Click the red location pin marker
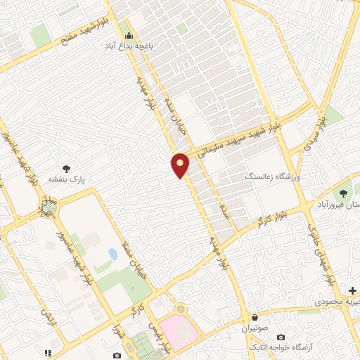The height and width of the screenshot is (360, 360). coord(181,165)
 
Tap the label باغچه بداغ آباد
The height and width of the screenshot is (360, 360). coord(129,44)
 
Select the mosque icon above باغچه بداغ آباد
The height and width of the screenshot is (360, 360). coord(127,33)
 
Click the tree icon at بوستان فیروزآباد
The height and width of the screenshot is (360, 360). coord(344,193)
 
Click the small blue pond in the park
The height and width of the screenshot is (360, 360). coord(113,253)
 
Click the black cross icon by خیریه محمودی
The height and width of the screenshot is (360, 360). coord(352,290)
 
